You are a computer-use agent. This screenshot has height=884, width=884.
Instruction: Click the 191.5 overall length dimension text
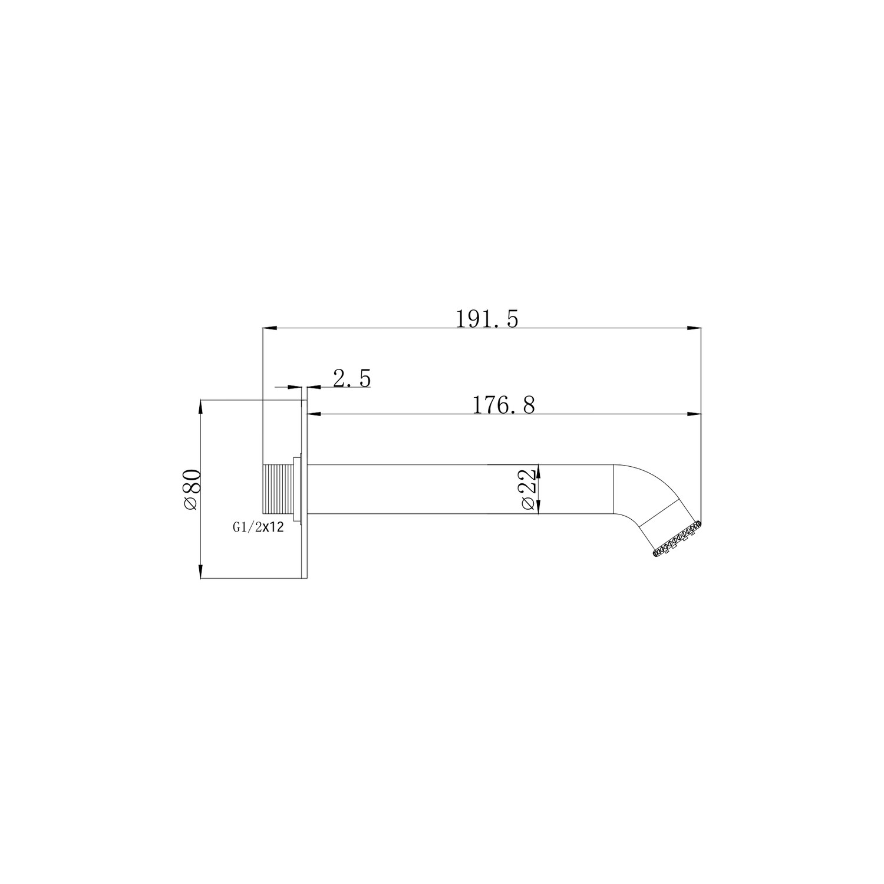(487, 319)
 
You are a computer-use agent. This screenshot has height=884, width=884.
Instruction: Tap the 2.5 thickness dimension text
(352, 378)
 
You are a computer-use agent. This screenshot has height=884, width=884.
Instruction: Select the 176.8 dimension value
(504, 405)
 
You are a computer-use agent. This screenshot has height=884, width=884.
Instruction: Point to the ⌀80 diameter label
(193, 489)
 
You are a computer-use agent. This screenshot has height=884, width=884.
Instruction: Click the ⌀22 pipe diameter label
(529, 489)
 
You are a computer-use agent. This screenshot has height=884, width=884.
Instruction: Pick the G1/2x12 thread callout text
(258, 529)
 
